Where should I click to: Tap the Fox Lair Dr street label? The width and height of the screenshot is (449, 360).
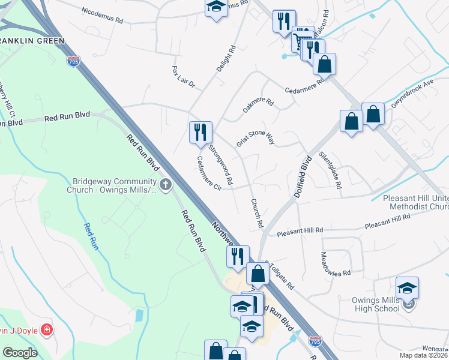point(184,77)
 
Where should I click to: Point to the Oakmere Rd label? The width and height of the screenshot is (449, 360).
point(258,106)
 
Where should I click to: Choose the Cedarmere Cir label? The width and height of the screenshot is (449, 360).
point(209,174)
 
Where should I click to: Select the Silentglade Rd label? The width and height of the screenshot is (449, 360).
point(334,170)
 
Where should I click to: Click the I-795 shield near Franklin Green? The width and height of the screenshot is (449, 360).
point(73,62)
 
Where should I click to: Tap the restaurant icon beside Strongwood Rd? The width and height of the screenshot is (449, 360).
point(200,131)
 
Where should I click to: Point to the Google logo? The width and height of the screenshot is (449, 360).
point(20,353)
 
